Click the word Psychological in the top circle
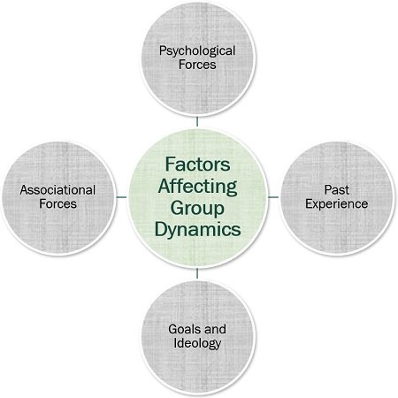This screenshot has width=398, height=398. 197,51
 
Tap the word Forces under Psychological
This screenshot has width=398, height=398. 197,65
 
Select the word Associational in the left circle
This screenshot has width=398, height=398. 57,190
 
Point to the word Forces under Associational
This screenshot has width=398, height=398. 57,203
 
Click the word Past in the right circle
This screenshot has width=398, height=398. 337,190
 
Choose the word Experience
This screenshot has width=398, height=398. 337,204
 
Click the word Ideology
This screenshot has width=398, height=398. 197,343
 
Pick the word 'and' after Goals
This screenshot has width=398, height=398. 215,329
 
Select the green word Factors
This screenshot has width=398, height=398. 197,164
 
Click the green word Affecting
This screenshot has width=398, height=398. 197,187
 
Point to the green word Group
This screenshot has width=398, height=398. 197,208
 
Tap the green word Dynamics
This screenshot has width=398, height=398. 197,230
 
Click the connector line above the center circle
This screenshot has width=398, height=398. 197,122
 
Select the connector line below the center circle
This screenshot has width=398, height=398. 197,273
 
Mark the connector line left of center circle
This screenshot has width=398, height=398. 122,197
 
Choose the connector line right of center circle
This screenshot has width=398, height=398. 273,197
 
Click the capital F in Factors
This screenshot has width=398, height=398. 170,164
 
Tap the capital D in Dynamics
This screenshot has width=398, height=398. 161,229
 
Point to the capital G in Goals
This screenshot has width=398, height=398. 173,329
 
